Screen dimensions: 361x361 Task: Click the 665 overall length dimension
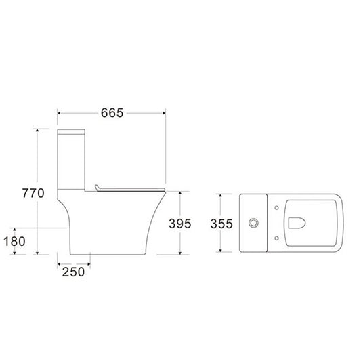click(112, 113)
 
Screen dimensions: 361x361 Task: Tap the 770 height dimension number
click(33, 193)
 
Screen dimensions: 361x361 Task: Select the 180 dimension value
click(14, 241)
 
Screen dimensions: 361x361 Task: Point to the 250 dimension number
click(73, 272)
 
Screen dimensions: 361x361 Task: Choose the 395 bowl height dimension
click(179, 224)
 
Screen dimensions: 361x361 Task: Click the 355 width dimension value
click(221, 224)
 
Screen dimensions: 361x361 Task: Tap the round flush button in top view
click(253, 223)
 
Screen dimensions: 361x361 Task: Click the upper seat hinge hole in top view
click(277, 208)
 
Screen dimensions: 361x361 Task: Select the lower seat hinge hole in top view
click(277, 238)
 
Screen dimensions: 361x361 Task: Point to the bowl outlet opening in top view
click(297, 223)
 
